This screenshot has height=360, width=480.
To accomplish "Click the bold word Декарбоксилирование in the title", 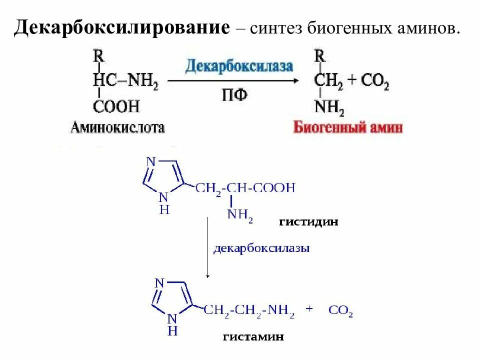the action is [122, 27].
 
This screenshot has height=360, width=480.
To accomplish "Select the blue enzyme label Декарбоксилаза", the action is [239, 66].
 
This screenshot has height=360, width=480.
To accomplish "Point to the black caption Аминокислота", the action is [118, 128].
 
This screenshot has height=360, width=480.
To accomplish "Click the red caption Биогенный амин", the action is [348, 127].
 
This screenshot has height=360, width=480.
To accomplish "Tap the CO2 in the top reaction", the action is [375, 82].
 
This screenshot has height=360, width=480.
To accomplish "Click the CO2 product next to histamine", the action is [340, 311].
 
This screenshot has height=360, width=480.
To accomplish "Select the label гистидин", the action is [308, 222].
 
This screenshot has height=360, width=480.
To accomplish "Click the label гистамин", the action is [253, 337].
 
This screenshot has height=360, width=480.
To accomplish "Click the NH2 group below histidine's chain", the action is [240, 215].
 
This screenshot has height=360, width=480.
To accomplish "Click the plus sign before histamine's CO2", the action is [309, 309].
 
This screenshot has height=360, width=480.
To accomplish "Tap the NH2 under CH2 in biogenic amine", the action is [328, 106].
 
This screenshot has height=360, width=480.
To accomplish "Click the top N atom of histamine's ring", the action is [159, 283].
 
